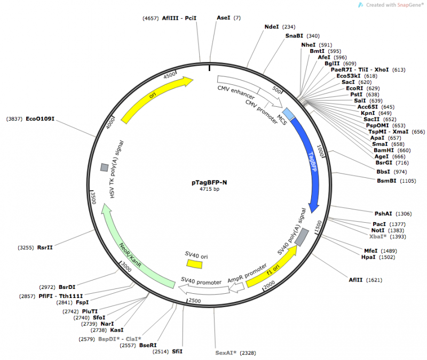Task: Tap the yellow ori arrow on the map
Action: click(155, 98)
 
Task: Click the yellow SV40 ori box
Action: click(194, 264)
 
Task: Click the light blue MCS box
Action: click(288, 114)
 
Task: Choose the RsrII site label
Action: click(45, 247)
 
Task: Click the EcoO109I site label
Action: click(41, 119)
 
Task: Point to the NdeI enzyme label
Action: click(272, 26)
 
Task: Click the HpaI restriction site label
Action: click(368, 257)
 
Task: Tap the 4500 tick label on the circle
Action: click(169, 75)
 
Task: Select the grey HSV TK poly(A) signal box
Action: click(105, 168)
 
